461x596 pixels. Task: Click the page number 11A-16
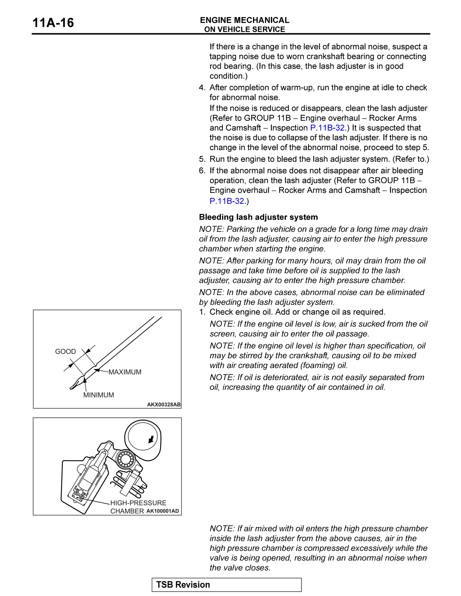tap(53, 23)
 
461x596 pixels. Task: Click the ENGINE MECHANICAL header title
tap(245, 20)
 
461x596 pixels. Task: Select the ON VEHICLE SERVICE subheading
tap(245, 29)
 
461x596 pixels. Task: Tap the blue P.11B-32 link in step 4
tap(327, 128)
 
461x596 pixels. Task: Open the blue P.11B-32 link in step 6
tap(227, 201)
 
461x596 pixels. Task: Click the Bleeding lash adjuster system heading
tap(258, 217)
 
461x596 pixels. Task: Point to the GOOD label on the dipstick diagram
tap(65, 351)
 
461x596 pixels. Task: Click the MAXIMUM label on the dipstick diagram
tap(125, 372)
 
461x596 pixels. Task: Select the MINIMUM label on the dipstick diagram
tap(98, 395)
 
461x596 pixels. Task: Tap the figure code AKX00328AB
tap(164, 405)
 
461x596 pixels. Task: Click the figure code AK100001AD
tap(163, 511)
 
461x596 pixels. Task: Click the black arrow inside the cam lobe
tap(151, 439)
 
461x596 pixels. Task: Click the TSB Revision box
tap(227, 585)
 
